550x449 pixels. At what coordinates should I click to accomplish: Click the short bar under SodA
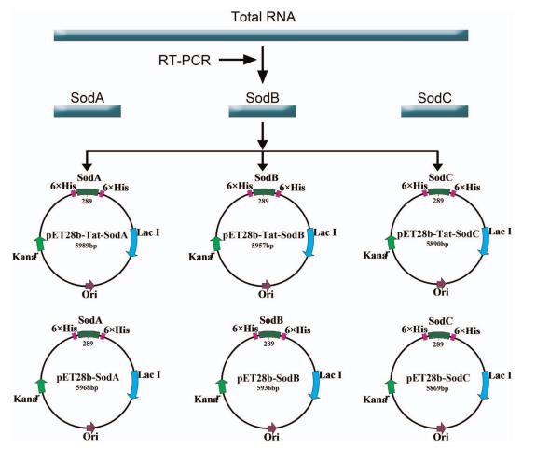click(89, 112)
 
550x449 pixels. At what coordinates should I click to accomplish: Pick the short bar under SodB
click(264, 112)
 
